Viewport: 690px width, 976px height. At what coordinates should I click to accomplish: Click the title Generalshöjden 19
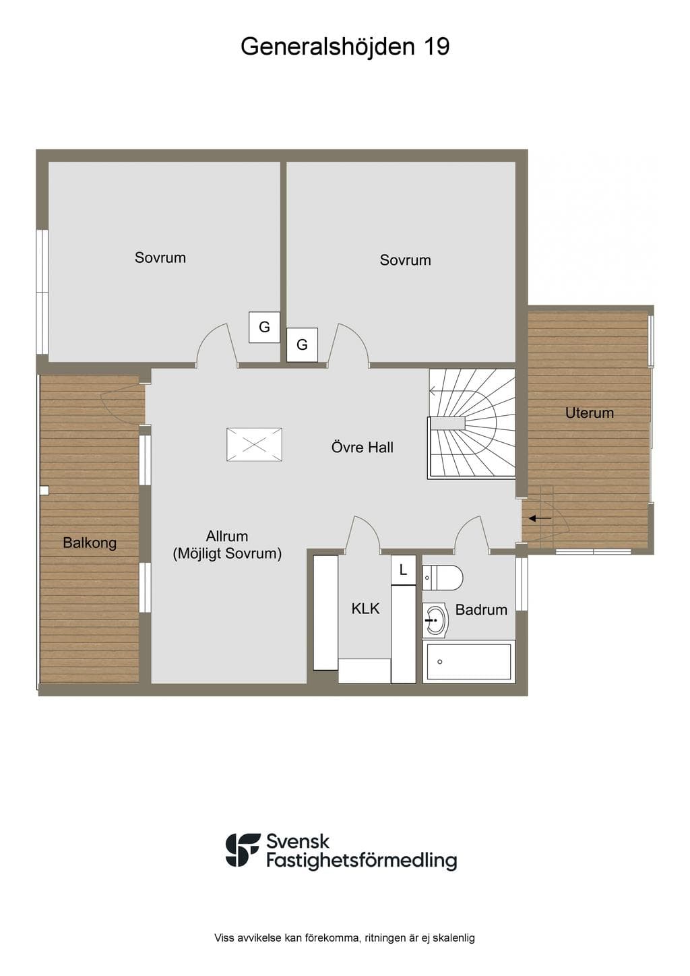pyautogui.click(x=344, y=47)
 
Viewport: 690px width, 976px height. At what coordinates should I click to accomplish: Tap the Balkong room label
pyautogui.click(x=90, y=543)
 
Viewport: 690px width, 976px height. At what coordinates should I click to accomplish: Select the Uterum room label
pyautogui.click(x=590, y=413)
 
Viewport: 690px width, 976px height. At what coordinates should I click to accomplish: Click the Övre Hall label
pyautogui.click(x=362, y=447)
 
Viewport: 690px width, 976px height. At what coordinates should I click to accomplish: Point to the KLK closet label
pyautogui.click(x=365, y=608)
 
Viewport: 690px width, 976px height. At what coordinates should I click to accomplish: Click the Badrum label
pyautogui.click(x=481, y=609)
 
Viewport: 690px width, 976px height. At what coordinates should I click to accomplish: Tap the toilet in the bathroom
pyautogui.click(x=443, y=578)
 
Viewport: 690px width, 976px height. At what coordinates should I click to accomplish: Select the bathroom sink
pyautogui.click(x=435, y=620)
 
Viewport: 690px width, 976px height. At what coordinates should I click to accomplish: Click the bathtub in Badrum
pyautogui.click(x=469, y=661)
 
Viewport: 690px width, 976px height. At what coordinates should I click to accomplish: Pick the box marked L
pyautogui.click(x=403, y=570)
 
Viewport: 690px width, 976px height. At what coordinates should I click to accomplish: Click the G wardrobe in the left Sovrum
pyautogui.click(x=264, y=327)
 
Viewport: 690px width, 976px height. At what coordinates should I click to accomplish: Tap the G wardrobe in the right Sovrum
pyautogui.click(x=302, y=344)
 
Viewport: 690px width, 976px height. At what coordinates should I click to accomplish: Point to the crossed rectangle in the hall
pyautogui.click(x=254, y=444)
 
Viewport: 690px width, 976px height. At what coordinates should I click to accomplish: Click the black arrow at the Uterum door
pyautogui.click(x=540, y=518)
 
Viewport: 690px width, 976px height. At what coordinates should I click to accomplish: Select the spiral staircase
pyautogui.click(x=472, y=424)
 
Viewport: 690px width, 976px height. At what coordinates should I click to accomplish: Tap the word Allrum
pyautogui.click(x=227, y=536)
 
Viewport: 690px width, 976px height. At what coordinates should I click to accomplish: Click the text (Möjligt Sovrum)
pyautogui.click(x=227, y=554)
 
